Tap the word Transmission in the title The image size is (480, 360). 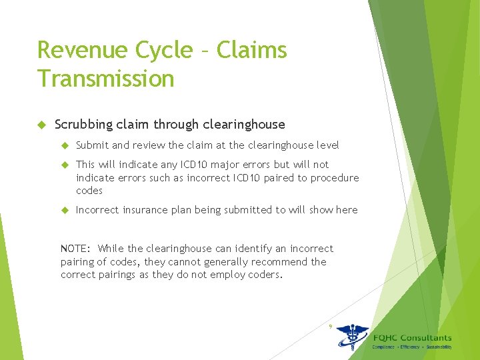105,79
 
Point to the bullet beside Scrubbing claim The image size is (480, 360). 41,125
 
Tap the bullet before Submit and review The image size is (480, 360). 65,145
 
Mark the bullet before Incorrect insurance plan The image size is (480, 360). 65,210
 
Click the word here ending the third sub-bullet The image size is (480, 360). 347,210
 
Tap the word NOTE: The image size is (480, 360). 75,249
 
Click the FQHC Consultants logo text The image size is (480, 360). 412,338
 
